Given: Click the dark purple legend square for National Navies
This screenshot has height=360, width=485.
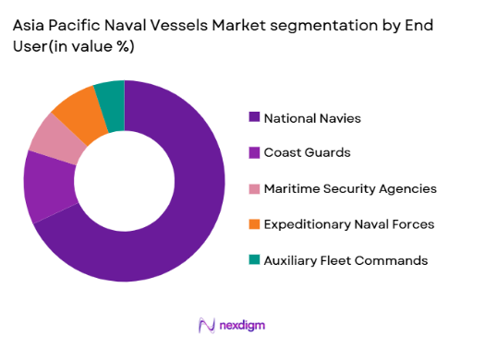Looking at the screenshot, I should [x=254, y=117].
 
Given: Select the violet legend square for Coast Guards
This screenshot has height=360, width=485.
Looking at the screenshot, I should [x=254, y=153].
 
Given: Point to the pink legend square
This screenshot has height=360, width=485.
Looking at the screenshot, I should [x=254, y=188].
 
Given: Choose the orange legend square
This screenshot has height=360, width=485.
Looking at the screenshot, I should [x=254, y=224].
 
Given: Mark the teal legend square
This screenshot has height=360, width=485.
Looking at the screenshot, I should [x=254, y=260].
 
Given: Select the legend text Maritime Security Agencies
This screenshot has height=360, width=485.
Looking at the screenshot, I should [x=350, y=188].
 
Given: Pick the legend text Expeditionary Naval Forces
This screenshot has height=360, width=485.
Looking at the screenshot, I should [x=348, y=224].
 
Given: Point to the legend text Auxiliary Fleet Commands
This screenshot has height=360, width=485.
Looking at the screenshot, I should [x=346, y=260].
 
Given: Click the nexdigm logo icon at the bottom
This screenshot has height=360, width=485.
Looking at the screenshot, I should [x=207, y=325].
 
